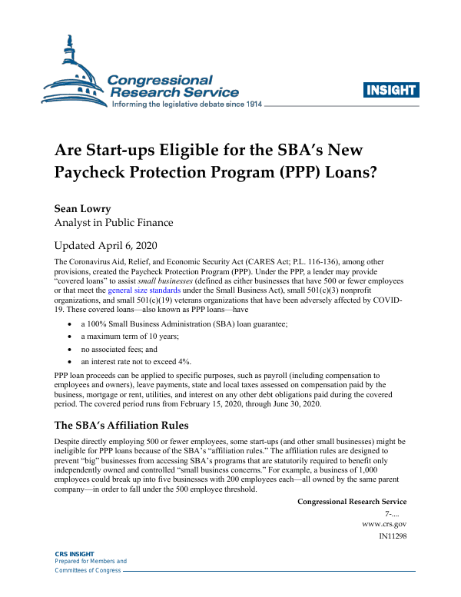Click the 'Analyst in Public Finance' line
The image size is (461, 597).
[113, 223]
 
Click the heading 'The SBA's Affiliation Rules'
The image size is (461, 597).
[121, 425]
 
